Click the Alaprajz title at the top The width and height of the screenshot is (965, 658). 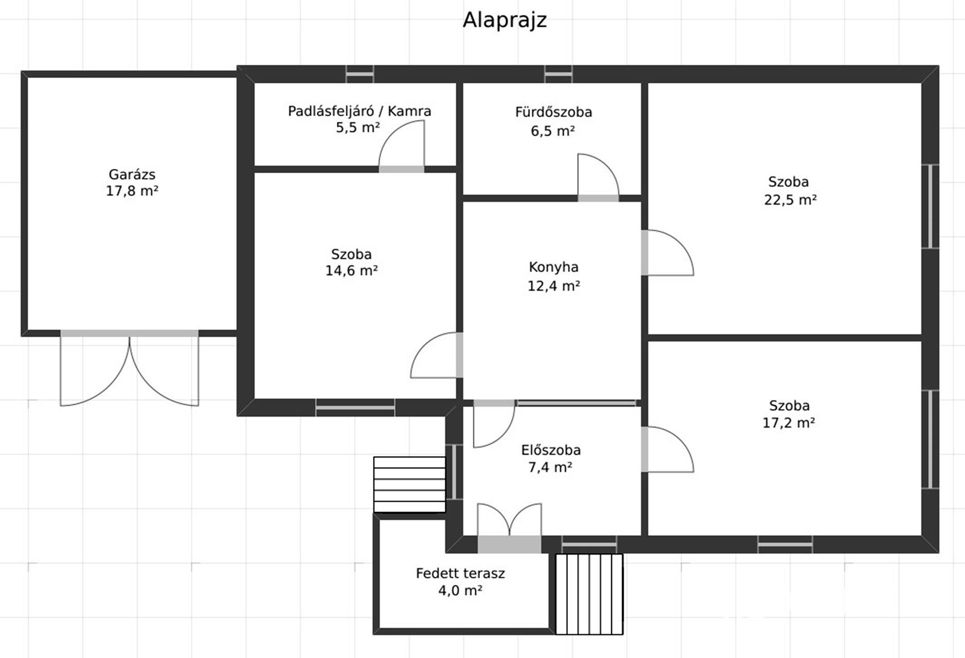[x=504, y=21]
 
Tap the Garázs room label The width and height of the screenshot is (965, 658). [x=132, y=174]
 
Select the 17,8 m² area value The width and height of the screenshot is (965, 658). [x=132, y=191]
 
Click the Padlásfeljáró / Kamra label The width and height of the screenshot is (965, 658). [x=359, y=111]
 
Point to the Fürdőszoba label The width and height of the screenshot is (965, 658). [x=553, y=112]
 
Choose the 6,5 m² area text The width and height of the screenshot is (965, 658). [x=552, y=131]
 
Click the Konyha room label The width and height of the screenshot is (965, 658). [x=553, y=267]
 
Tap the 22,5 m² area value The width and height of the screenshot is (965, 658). [x=790, y=199]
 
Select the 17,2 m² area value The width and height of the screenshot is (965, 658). [x=789, y=423]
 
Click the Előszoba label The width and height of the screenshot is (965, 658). [x=551, y=450]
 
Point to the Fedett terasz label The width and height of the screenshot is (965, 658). [x=460, y=573]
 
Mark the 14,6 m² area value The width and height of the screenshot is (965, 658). [x=351, y=270]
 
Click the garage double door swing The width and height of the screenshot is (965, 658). [x=129, y=369]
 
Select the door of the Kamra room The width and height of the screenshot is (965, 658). [x=402, y=146]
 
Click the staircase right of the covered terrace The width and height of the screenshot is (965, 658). [x=589, y=594]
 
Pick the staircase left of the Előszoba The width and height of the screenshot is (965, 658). [x=409, y=484]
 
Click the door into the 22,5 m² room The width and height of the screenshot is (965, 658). [x=668, y=252]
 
